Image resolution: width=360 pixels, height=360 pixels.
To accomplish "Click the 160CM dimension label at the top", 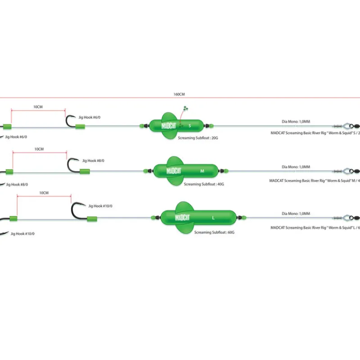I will [179, 94].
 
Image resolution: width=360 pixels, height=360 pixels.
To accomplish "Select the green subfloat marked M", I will [185, 171].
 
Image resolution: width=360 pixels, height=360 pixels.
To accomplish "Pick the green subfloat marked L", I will [193, 218].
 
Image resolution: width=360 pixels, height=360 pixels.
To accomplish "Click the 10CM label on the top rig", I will [38, 107].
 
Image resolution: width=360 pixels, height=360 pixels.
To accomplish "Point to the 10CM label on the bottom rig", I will [44, 193].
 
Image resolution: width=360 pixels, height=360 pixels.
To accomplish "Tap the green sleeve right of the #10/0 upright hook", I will [92, 219].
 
